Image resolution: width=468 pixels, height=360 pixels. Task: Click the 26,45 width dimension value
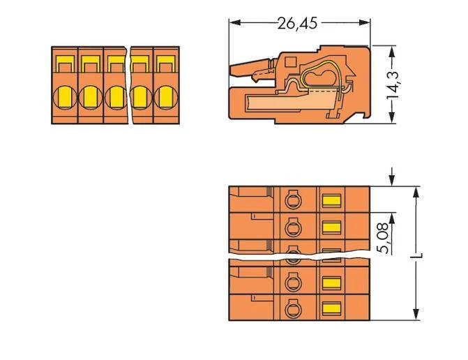[297, 23]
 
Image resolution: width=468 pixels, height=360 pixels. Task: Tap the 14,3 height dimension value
[393, 85]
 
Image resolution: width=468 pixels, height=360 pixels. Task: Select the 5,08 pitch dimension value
[383, 238]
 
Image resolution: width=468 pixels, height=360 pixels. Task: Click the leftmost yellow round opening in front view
[65, 97]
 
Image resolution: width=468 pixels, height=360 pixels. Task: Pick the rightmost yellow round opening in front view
[166, 97]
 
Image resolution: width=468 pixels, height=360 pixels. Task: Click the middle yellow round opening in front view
[116, 97]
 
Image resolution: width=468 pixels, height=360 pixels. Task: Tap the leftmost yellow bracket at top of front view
[65, 63]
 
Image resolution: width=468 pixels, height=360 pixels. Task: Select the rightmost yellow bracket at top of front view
[166, 63]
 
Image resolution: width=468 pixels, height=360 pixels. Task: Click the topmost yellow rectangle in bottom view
[331, 201]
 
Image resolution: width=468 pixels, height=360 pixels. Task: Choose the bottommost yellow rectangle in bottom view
[331, 308]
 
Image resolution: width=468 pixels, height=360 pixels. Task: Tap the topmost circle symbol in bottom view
[293, 200]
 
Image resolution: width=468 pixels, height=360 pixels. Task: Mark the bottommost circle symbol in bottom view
[293, 308]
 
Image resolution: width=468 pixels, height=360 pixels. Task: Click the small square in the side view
[290, 62]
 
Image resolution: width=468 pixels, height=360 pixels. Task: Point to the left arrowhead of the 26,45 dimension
[235, 23]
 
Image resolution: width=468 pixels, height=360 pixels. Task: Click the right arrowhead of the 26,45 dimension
[365, 23]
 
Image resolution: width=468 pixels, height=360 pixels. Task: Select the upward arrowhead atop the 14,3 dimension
[392, 52]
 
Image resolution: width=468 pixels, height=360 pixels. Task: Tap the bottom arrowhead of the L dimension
[416, 315]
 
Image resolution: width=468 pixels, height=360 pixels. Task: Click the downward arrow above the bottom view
[392, 177]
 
